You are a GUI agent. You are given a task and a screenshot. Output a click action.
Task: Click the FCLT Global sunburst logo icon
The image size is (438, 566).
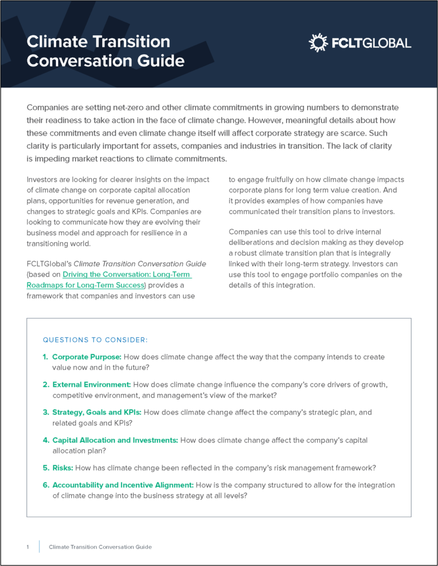click(318, 43)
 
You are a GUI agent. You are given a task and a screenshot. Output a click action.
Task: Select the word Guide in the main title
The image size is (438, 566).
click(161, 60)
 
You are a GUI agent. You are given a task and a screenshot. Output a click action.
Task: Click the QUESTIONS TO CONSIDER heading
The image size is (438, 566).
click(95, 340)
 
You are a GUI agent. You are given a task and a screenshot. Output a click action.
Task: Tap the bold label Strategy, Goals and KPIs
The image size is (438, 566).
click(97, 412)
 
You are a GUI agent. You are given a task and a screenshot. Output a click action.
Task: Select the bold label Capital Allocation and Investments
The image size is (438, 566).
click(115, 440)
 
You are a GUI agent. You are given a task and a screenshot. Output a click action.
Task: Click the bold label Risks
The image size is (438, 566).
click(63, 468)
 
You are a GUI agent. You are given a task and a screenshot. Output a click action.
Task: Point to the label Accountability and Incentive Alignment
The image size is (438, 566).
click(123, 485)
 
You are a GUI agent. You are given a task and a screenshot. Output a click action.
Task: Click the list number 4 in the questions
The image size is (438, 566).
click(45, 440)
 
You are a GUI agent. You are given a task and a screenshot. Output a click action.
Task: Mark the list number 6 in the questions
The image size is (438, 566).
click(45, 485)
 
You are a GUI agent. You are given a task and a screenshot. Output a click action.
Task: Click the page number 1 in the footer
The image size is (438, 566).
click(27, 547)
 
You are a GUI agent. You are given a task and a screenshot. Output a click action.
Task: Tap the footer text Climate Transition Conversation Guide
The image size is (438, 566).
click(100, 547)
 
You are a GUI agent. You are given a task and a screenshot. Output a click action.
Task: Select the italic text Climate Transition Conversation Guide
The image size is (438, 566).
click(140, 263)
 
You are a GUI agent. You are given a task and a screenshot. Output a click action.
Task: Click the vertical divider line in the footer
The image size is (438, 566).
click(39, 547)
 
